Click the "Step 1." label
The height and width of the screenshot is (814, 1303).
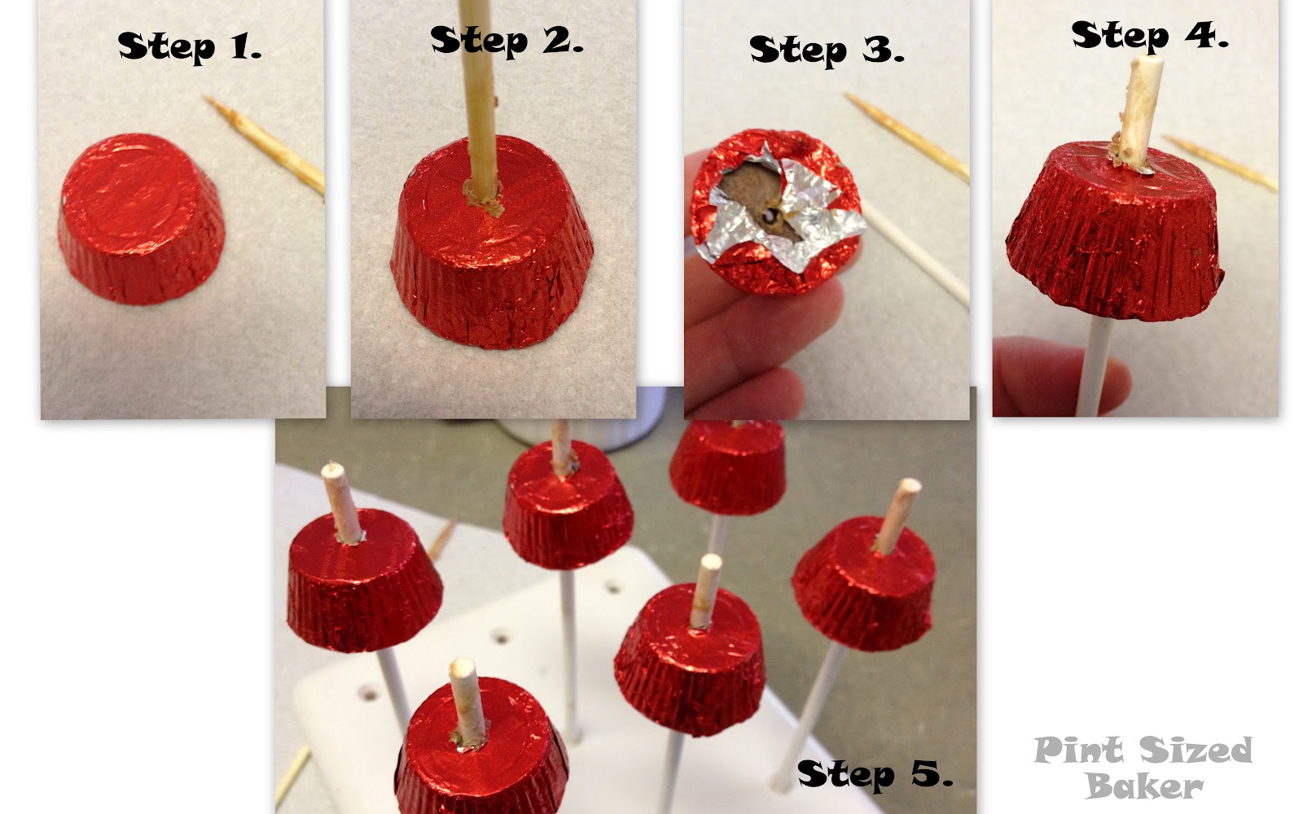pos(190,46)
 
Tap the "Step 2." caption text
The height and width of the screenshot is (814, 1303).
pos(507,41)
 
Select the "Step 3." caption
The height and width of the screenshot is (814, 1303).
pos(827,50)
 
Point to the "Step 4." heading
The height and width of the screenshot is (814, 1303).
pos(1149,35)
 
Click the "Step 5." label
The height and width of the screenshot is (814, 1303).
pos(875,774)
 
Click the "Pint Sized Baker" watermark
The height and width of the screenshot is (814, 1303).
pos(1143,768)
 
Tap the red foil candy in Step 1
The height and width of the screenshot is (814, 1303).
pos(142,219)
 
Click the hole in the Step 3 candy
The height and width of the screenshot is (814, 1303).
pos(770,217)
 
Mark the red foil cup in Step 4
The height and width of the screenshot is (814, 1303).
pos(1115,233)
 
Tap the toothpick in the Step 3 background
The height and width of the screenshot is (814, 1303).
pos(906,137)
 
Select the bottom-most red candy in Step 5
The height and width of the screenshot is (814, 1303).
pos(481,750)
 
